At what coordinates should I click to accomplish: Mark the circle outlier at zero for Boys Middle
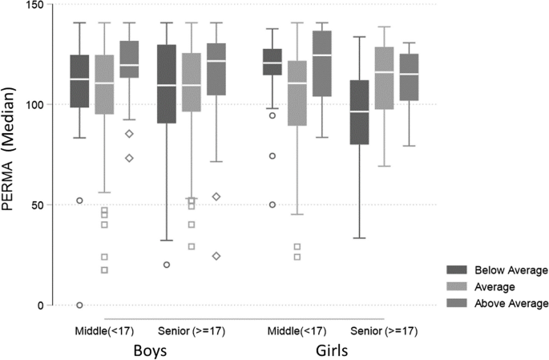coord(79,305)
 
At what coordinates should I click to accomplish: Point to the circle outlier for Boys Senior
coord(167,265)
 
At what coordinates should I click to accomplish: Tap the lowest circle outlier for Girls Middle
coord(272,204)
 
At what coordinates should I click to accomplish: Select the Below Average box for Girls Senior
coord(365,112)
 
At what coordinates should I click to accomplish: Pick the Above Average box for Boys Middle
coord(129,59)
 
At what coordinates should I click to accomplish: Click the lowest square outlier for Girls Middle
coord(297,257)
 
